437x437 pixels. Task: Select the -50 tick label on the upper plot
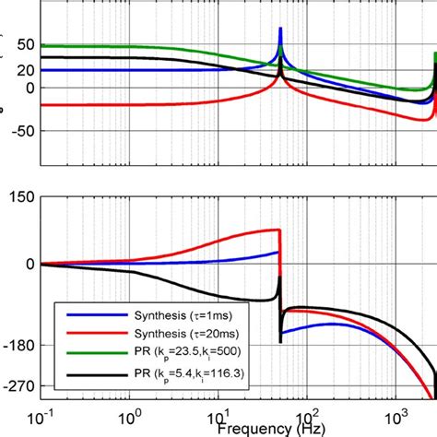(x=19, y=130)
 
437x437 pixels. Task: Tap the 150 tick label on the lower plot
(x=19, y=195)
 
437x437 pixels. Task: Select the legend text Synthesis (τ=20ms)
(x=176, y=332)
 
